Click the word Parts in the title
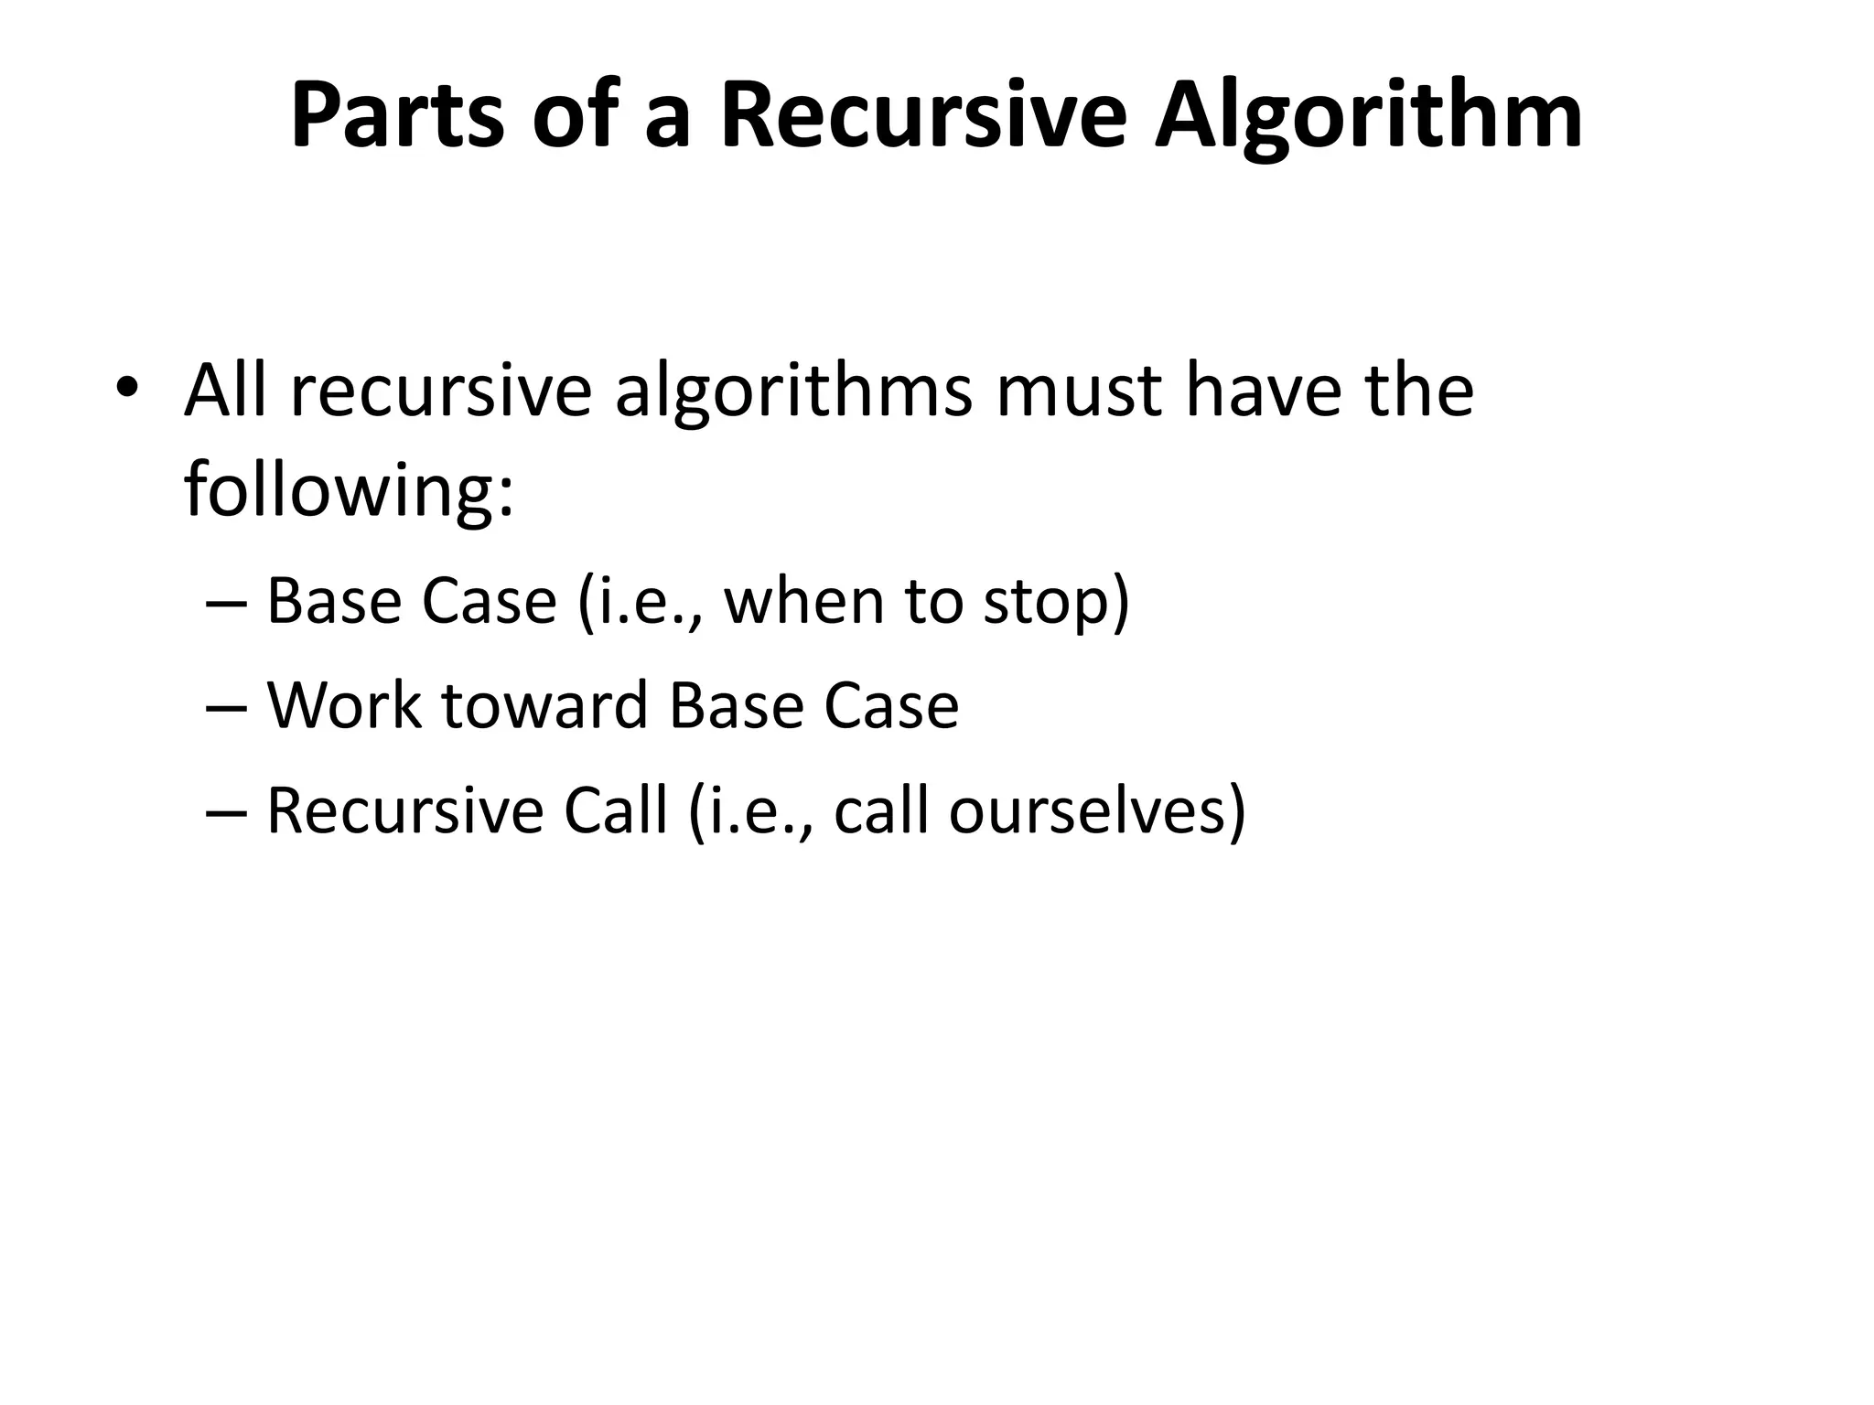[397, 116]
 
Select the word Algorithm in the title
[1368, 116]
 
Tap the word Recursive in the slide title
[923, 116]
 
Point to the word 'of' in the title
[578, 116]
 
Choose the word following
[349, 491]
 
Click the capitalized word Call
[615, 810]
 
